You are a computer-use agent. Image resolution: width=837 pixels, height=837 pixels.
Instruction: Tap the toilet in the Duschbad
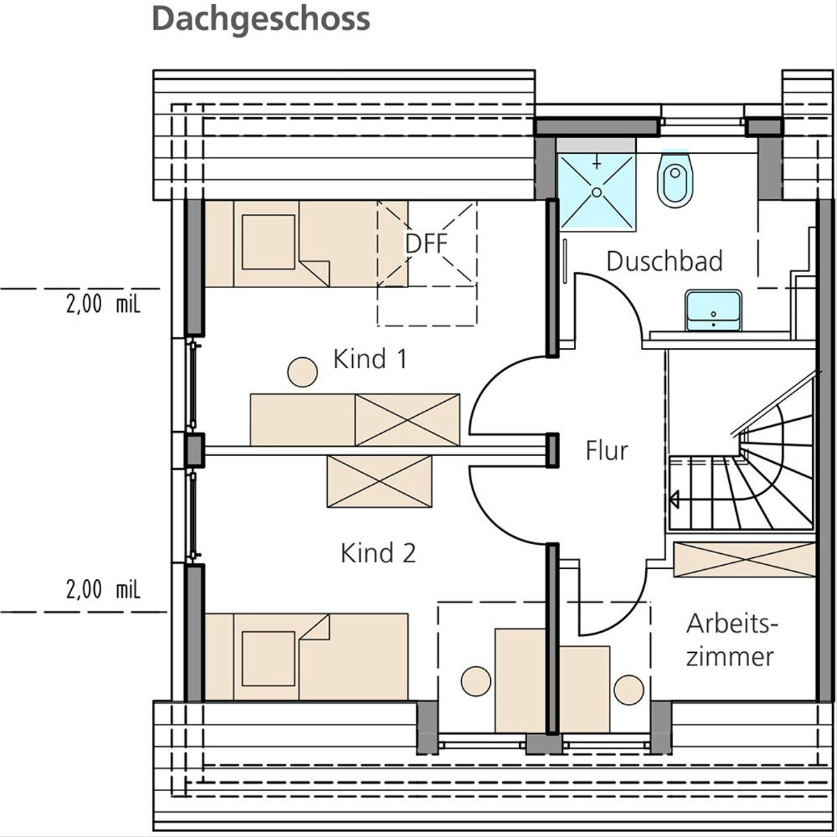pos(675,179)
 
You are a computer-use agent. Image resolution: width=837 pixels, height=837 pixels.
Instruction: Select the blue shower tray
pos(597,191)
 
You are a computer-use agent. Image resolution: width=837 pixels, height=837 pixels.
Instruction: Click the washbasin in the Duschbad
pos(714,311)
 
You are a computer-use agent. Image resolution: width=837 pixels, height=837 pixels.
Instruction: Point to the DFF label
pos(426,243)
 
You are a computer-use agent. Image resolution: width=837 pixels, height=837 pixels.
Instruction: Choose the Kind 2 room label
pos(378,553)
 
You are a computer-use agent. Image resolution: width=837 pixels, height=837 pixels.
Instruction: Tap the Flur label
pos(607,451)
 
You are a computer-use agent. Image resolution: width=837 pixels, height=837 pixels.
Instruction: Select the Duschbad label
pos(665,261)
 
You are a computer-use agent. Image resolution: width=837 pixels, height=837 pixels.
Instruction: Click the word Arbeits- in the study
pos(732,624)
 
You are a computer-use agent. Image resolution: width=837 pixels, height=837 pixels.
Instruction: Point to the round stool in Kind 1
pos(302,372)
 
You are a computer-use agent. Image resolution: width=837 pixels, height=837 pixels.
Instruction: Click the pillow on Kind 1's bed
pos(269,242)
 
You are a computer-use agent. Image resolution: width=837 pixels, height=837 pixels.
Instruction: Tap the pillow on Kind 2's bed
pos(269,659)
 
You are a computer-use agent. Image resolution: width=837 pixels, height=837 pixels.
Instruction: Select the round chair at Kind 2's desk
pos(476,681)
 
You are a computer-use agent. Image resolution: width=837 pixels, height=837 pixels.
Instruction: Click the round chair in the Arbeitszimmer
pos(629,690)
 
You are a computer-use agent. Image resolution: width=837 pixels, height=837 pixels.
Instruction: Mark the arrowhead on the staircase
pos(674,499)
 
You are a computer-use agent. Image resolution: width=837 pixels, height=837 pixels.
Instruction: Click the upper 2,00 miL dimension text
pos(103,303)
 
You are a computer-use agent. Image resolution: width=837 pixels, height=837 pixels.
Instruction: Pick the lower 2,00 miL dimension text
pos(103,589)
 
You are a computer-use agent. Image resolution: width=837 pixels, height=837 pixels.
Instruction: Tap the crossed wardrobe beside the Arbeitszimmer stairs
pos(744,559)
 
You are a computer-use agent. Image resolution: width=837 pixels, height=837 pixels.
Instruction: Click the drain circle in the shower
pos(597,192)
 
